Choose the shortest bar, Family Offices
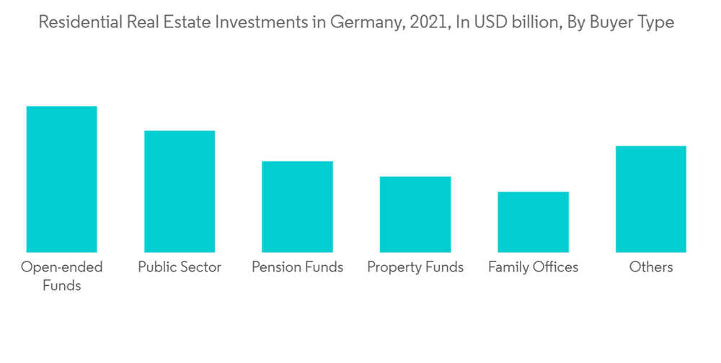point(533,222)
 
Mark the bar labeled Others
point(650,199)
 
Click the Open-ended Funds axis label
point(61,276)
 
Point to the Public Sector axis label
point(180,267)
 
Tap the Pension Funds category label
point(297,267)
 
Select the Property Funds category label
point(415,267)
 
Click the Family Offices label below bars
point(533,267)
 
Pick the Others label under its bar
point(650,267)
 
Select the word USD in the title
point(487,22)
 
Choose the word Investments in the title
point(265,22)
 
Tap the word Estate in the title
point(190,22)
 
